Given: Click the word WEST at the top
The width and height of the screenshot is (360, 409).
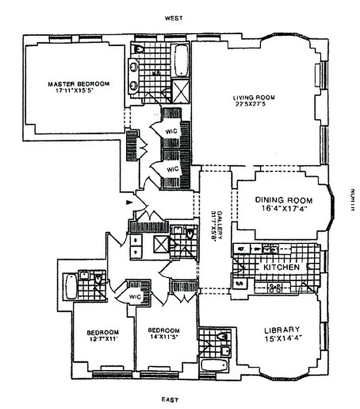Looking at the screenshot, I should [173, 18].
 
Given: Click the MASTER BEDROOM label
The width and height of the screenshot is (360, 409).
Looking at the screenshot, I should [78, 84].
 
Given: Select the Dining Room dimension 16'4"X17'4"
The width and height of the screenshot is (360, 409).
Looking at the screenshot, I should [284, 209].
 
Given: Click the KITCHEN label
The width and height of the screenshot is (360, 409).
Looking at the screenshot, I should [281, 267].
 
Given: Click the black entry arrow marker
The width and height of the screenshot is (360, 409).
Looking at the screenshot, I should [129, 203].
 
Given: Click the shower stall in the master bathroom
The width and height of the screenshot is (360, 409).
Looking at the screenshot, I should [181, 92].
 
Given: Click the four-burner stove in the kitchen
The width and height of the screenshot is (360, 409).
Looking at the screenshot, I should [275, 287].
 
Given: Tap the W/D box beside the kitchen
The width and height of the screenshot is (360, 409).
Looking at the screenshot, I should [239, 282].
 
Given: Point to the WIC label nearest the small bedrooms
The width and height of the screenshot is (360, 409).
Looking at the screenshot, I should [135, 297].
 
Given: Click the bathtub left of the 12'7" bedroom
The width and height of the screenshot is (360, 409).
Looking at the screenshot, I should [71, 287].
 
